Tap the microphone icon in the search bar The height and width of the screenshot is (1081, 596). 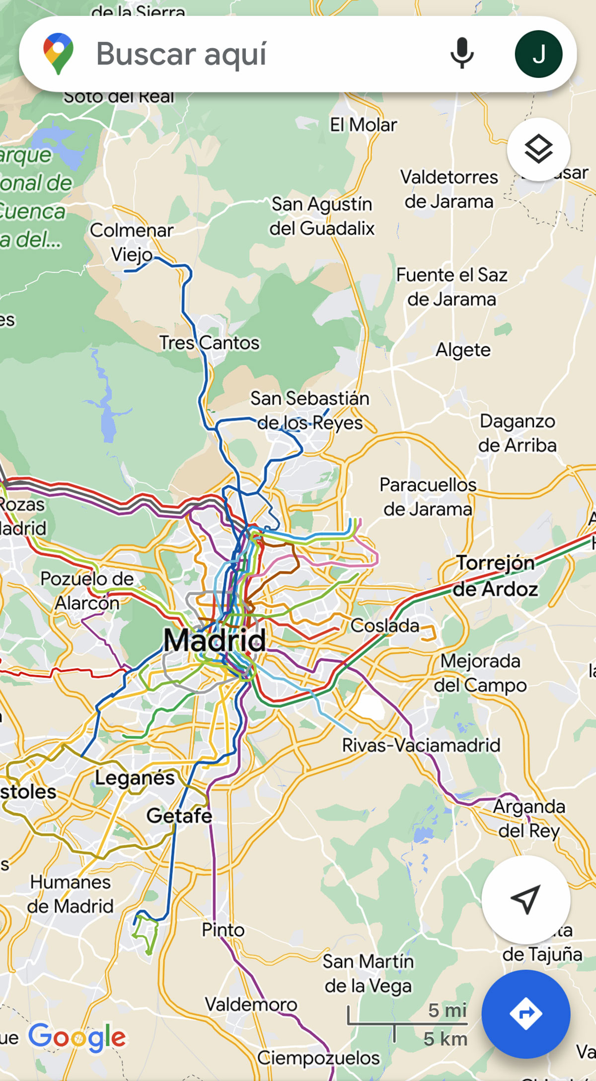(x=461, y=53)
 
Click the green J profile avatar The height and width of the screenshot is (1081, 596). (x=538, y=54)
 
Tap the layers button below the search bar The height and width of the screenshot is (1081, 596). (x=538, y=149)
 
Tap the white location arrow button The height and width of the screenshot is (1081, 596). (x=525, y=899)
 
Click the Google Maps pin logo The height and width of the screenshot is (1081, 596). (x=58, y=54)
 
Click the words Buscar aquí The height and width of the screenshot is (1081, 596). (x=181, y=54)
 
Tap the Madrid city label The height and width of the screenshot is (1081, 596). (x=215, y=640)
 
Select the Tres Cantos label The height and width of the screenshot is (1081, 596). (x=209, y=343)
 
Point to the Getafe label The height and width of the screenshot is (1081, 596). (x=179, y=816)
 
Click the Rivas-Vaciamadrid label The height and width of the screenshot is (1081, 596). (x=421, y=745)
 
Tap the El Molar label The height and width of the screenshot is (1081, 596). (x=364, y=125)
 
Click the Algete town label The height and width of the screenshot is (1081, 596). (x=463, y=350)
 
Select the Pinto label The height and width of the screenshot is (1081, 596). (x=223, y=929)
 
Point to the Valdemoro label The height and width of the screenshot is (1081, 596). (x=251, y=1004)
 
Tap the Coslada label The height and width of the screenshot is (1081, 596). (x=385, y=625)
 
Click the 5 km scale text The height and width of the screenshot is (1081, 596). (x=445, y=1038)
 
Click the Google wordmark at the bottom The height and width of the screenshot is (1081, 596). (x=77, y=1037)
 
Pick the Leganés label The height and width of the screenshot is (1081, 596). (x=135, y=777)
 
